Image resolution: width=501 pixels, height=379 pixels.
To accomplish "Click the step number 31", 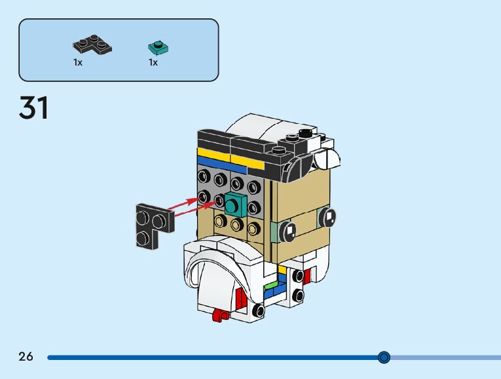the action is [x=34, y=108].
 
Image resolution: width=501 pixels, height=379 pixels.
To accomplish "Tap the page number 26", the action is [x=26, y=357].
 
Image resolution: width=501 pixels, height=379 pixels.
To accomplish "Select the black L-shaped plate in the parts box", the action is [x=91, y=46].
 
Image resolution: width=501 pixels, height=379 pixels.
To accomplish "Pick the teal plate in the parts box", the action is [x=157, y=47].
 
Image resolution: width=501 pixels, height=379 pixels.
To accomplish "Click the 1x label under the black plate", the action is [x=78, y=62].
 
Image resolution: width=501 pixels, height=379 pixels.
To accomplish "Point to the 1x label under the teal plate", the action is [x=153, y=62].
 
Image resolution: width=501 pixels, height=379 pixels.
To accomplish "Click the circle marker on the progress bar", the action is [x=384, y=357].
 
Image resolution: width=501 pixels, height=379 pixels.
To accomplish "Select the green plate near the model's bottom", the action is [x=270, y=286].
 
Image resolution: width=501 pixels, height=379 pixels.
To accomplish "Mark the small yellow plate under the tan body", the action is [x=282, y=269].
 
